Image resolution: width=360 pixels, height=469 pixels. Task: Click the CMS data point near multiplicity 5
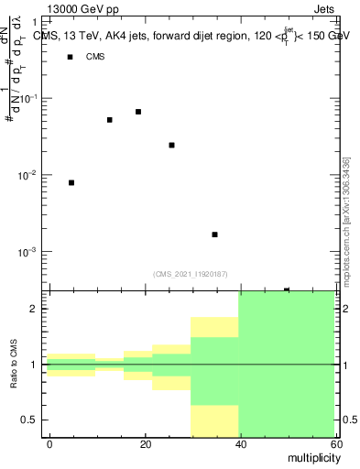coord(71,183)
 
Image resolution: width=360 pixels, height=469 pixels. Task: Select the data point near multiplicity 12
coord(109,120)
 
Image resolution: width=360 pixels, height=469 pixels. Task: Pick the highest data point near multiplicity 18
coord(138,112)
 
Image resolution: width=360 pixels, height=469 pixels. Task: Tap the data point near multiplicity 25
coord(171,145)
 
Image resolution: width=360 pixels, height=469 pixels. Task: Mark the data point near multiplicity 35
coord(214,234)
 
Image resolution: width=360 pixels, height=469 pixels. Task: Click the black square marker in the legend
coord(70,57)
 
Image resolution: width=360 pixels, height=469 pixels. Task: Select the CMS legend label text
coord(95,57)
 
